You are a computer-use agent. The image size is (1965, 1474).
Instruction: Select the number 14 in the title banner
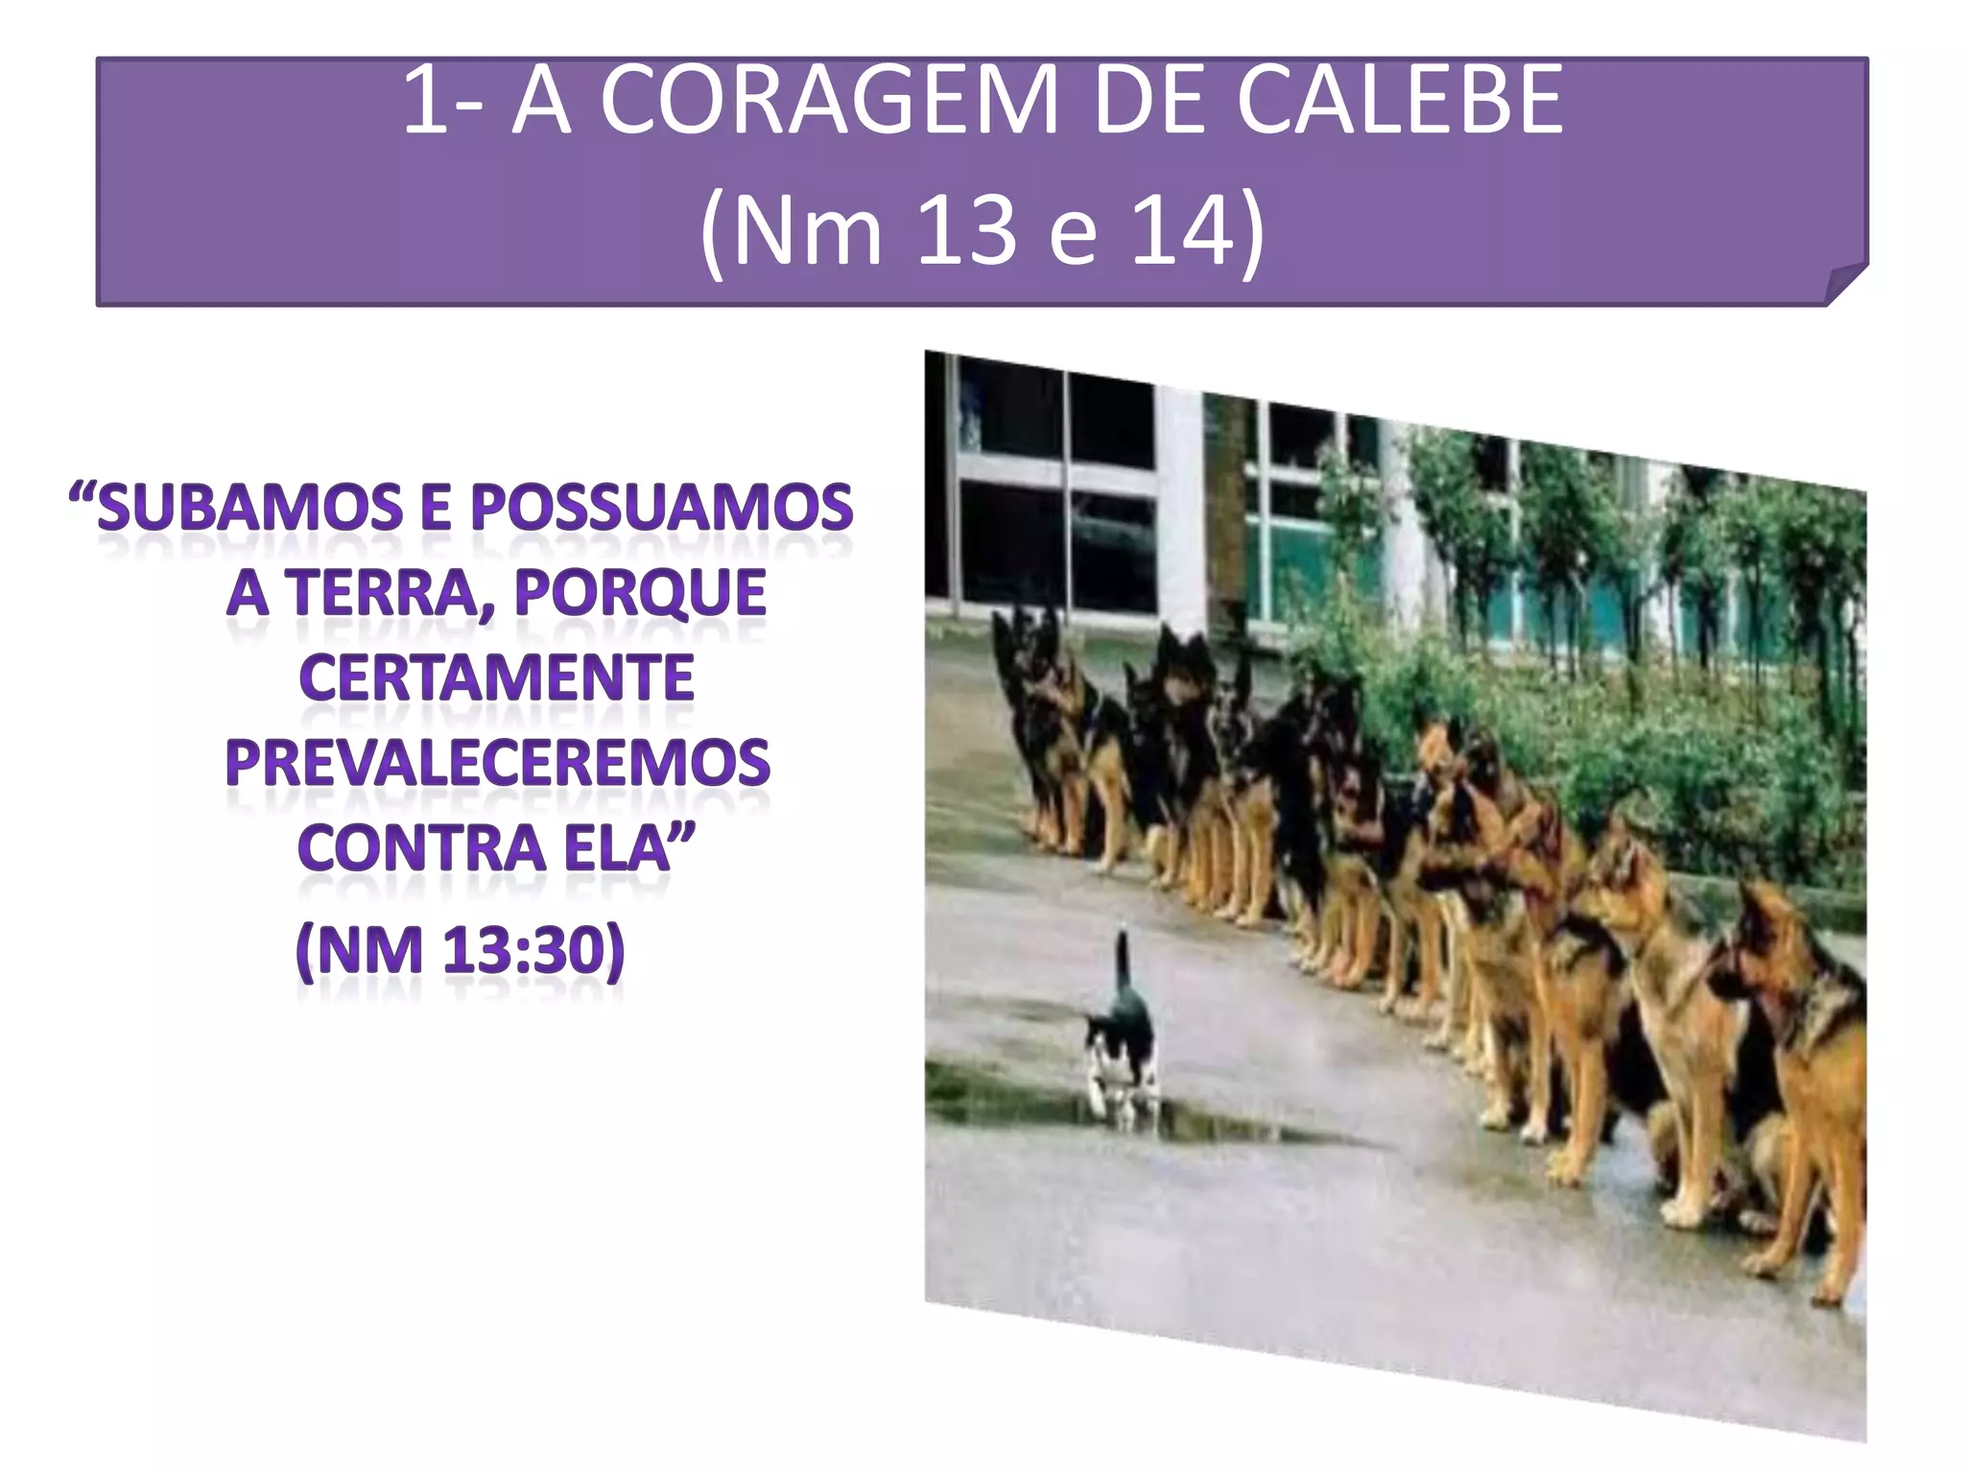1182,232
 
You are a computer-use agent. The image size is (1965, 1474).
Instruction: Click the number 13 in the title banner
966,232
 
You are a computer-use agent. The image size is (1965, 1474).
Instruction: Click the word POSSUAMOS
661,509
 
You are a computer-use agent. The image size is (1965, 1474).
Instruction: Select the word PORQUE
640,593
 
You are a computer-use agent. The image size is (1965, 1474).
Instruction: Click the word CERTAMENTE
496,678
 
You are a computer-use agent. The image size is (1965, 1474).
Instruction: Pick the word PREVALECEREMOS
497,764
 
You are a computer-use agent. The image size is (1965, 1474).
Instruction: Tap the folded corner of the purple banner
1844,286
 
